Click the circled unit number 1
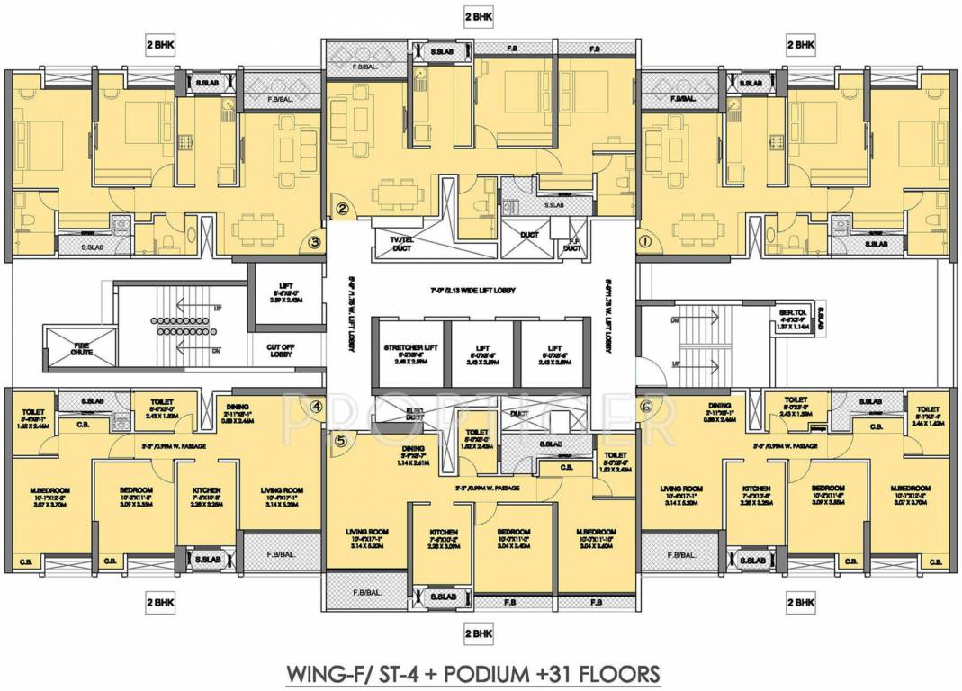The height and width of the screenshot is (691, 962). coord(643,241)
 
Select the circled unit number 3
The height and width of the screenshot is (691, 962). coord(314,241)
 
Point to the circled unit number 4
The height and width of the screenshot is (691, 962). coord(316,406)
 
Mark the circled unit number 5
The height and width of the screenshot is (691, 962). coord(340,441)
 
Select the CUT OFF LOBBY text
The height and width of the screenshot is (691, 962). coord(278,350)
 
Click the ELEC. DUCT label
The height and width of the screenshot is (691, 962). coord(414,415)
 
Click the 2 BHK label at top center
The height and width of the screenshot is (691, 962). coord(480,16)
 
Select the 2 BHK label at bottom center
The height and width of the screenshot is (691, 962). coord(480,632)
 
